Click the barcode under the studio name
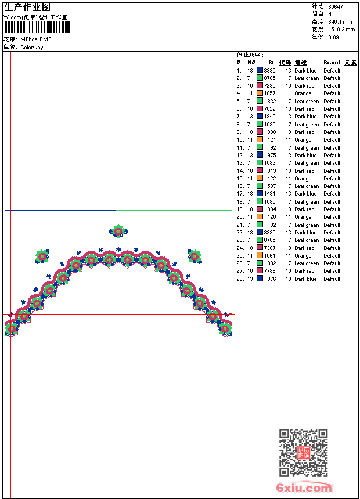tap(37, 27)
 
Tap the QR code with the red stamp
tap(304, 453)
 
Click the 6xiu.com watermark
tap(304, 487)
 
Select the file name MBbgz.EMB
tap(36, 39)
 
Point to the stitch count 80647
tap(336, 7)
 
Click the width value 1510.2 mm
tap(341, 30)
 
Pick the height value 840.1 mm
tap(340, 22)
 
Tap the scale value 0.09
tap(333, 37)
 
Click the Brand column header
tap(332, 63)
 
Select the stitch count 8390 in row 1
tap(269, 71)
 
